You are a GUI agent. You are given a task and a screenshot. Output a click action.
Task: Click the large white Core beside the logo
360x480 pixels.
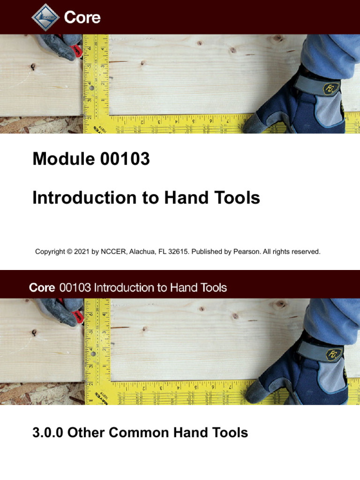[x=82, y=17]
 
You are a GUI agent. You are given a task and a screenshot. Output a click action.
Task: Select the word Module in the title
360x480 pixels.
[x=62, y=159]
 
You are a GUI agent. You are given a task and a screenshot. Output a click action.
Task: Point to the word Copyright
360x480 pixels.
[x=50, y=252]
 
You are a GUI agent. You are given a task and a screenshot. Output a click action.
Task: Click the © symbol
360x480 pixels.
[x=69, y=252]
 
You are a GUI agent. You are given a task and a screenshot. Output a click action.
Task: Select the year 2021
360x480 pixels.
[x=82, y=252]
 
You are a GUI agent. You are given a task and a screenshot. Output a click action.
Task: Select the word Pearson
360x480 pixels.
[x=246, y=252]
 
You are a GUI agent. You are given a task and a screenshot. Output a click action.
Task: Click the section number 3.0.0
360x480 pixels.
[x=48, y=432]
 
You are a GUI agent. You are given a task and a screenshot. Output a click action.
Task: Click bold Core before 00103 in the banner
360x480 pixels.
[x=42, y=287]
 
